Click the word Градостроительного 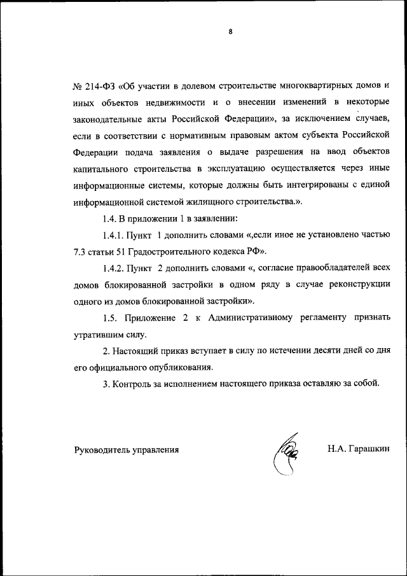pyautogui.click(x=174, y=251)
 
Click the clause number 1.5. pyautogui.click(x=111, y=318)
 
